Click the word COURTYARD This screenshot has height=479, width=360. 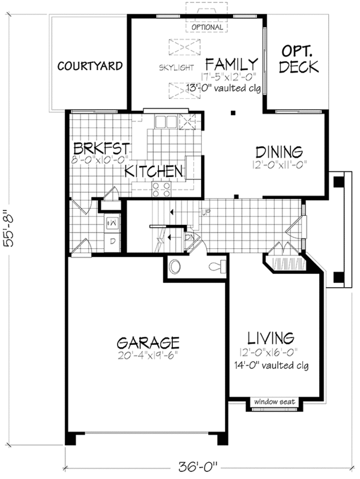point(90,65)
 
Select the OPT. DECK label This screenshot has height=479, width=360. point(299,59)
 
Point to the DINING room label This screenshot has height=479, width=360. point(278,152)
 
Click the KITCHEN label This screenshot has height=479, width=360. point(154,171)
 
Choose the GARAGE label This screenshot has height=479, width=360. point(148,343)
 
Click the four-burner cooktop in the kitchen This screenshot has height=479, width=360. point(161,189)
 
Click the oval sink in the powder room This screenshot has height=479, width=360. point(176,267)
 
